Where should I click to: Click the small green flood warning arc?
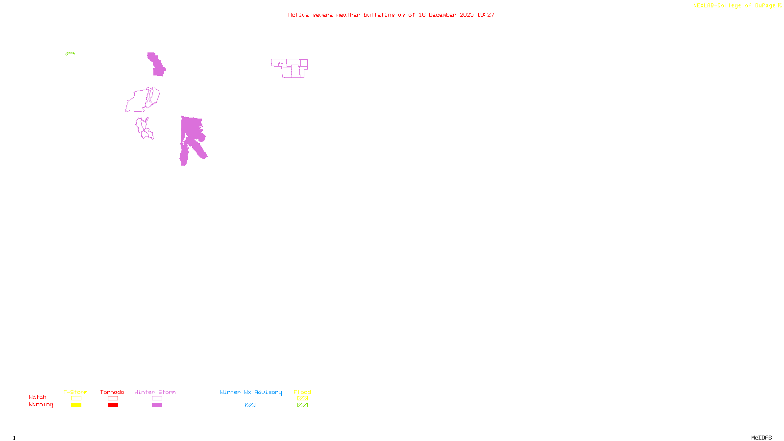[x=70, y=53]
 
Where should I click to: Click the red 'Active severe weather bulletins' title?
[x=391, y=15]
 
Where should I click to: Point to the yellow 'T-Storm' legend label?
[x=75, y=392]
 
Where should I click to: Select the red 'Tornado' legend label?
[x=112, y=392]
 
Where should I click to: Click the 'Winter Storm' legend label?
[x=155, y=392]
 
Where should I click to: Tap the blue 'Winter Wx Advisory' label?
[x=251, y=392]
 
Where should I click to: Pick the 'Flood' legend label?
[x=302, y=392]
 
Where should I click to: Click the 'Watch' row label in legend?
[x=38, y=397]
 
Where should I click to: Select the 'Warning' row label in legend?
[x=41, y=405]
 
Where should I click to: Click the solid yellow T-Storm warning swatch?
[x=76, y=405]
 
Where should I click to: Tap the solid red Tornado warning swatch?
[x=113, y=405]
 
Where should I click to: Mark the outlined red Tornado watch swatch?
[x=113, y=398]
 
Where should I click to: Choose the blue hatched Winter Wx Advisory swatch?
[x=250, y=405]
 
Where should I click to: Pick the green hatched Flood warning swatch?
[x=302, y=405]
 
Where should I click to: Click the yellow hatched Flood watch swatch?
[x=302, y=398]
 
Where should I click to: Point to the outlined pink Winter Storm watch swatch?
[x=157, y=398]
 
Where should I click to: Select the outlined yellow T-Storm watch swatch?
[x=76, y=398]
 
